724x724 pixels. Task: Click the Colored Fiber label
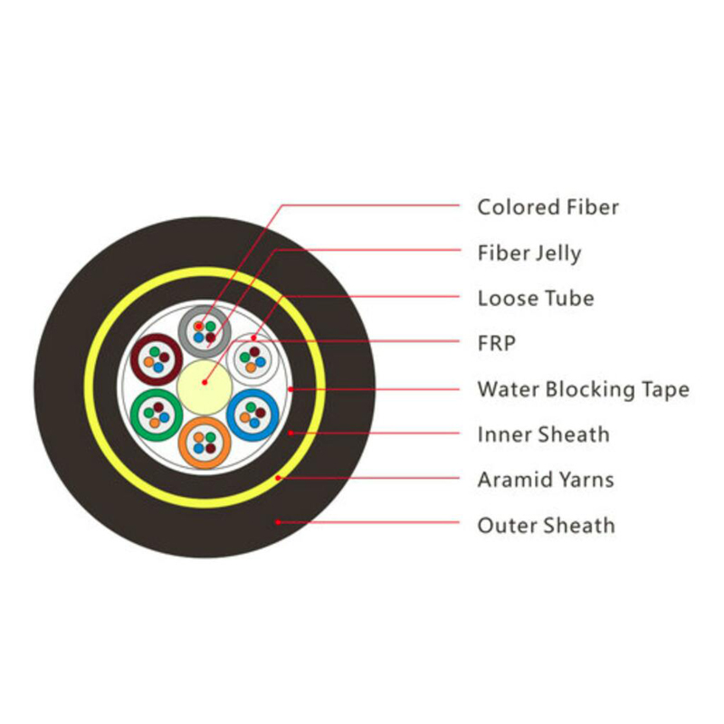point(548,207)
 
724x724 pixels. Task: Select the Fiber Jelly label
point(529,253)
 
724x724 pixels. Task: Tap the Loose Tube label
point(536,298)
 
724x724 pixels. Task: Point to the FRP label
point(496,343)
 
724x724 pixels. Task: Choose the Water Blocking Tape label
point(583,390)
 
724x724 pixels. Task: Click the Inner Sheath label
point(544,434)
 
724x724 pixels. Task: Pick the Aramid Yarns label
point(546,480)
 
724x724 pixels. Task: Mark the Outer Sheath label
point(547,525)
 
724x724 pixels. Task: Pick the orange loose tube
point(205,462)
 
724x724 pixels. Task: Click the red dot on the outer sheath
point(278,522)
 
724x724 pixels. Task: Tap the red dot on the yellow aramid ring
point(278,478)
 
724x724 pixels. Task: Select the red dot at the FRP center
point(205,383)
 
